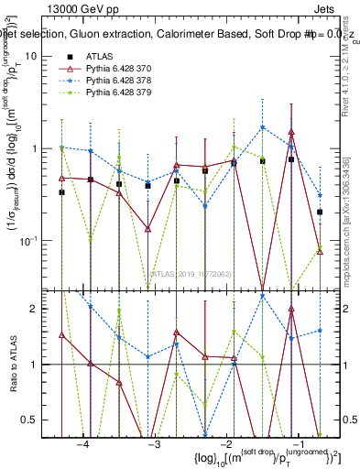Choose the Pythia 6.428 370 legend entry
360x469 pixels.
[x=120, y=69]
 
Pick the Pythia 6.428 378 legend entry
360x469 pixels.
[x=120, y=81]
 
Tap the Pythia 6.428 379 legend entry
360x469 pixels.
[x=120, y=93]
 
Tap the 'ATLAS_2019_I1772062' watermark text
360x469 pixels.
[x=194, y=272]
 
